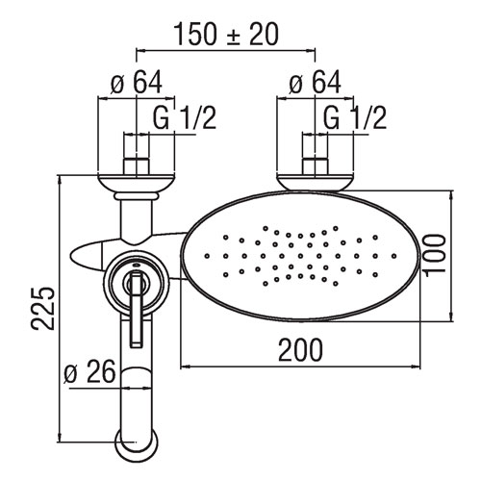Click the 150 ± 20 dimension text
coord(226,35)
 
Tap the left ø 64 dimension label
coord(137,83)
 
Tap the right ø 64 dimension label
coord(315,83)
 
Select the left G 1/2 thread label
coord(184,117)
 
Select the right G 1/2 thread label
coord(355,117)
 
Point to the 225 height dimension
coord(42,308)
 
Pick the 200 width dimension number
coord(300,349)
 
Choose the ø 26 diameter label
coord(89,371)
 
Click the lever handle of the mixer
coord(136,308)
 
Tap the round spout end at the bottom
coord(137,445)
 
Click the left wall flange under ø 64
coord(137,184)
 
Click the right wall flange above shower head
coord(316,183)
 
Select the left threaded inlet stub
coord(137,166)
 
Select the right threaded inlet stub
coord(316,166)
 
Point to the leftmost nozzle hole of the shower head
coord(207,256)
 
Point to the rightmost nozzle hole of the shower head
coord(394,256)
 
